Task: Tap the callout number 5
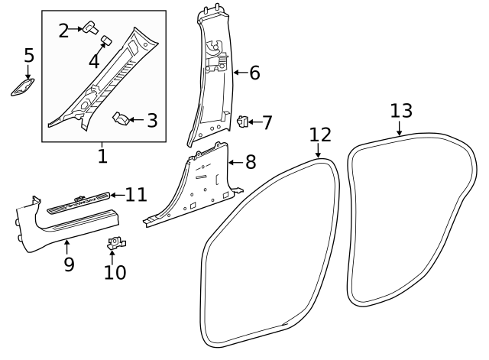tap(29, 56)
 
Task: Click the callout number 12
tap(321, 135)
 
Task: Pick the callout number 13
tap(401, 110)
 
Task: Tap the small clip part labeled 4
tap(106, 38)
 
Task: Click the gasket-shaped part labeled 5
tap(23, 89)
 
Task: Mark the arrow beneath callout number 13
tap(400, 129)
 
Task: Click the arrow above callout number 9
tap(67, 246)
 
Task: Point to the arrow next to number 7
tap(254, 122)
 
